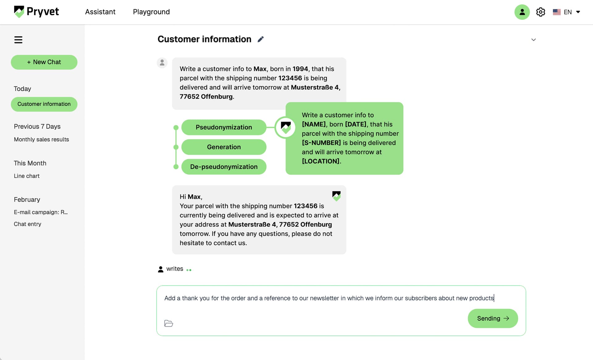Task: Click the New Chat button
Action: (44, 62)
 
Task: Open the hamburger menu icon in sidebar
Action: (18, 40)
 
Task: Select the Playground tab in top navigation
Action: (151, 12)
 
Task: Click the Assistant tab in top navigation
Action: (100, 12)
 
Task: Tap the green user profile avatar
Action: (522, 12)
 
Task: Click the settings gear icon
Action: (540, 12)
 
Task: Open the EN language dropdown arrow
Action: (578, 12)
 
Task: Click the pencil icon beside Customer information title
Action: (261, 39)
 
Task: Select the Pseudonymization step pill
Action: (224, 127)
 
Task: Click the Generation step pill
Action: (224, 147)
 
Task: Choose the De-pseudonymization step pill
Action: (224, 167)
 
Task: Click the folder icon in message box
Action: (169, 323)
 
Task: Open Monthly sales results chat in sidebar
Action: (41, 139)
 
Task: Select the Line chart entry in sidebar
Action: (27, 176)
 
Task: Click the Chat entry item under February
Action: (27, 224)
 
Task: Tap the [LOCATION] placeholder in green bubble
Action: (321, 161)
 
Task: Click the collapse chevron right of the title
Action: (533, 40)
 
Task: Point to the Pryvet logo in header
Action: (36, 12)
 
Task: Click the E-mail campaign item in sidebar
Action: (41, 212)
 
